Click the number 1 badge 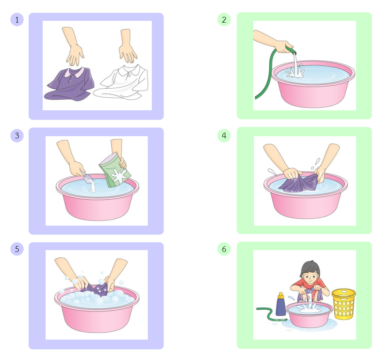click(17, 20)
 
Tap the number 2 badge click(224, 20)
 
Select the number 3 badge click(17, 135)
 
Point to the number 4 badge click(224, 135)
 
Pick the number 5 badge click(17, 249)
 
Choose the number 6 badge click(224, 249)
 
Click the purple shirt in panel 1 click(70, 85)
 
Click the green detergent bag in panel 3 click(115, 171)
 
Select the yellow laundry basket click(344, 304)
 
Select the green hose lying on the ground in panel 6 click(271, 314)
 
